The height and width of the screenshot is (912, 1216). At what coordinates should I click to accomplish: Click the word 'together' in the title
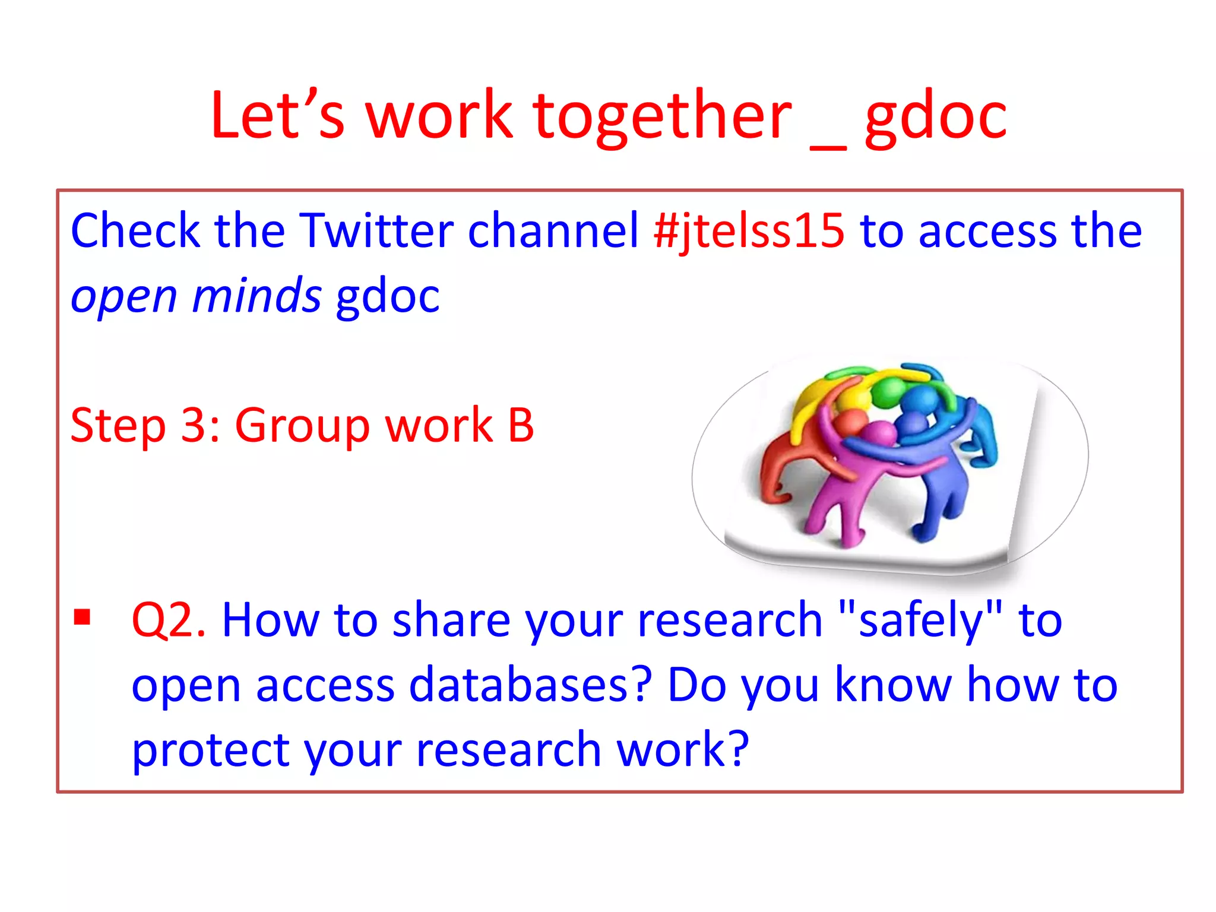[662, 116]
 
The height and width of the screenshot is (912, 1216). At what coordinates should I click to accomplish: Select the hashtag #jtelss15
[749, 231]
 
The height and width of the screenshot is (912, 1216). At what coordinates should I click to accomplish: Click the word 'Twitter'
[376, 230]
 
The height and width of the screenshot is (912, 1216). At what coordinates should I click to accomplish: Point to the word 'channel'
[553, 230]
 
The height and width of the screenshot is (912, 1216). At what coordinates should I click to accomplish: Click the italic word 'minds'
[256, 296]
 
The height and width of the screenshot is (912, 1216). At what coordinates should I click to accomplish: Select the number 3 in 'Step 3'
[193, 426]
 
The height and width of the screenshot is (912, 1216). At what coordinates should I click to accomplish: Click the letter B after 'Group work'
[521, 426]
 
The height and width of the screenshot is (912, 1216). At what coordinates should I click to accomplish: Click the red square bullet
[82, 617]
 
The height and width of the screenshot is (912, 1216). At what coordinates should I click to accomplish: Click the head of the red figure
[851, 424]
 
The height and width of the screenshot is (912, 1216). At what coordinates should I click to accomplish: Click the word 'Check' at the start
[135, 230]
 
